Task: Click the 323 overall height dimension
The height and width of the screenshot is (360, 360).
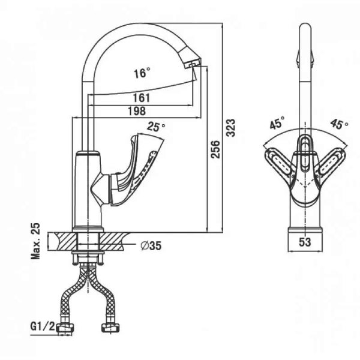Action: (231, 128)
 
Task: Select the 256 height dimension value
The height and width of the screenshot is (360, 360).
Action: (215, 149)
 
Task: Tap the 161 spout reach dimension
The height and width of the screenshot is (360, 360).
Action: (142, 98)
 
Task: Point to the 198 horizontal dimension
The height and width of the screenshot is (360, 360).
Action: (137, 112)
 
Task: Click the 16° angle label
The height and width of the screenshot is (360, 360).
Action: (142, 73)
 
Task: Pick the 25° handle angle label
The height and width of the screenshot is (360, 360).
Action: (156, 127)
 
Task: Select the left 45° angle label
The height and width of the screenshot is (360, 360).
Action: (277, 123)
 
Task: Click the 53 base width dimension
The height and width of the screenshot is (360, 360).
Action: (305, 242)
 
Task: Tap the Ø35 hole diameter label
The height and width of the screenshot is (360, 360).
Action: (151, 245)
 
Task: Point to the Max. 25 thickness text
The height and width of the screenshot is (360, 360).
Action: (35, 241)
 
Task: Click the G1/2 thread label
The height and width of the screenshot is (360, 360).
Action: (43, 326)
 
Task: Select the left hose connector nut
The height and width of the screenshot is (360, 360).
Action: (65, 328)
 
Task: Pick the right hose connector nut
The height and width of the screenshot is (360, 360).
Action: (111, 328)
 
